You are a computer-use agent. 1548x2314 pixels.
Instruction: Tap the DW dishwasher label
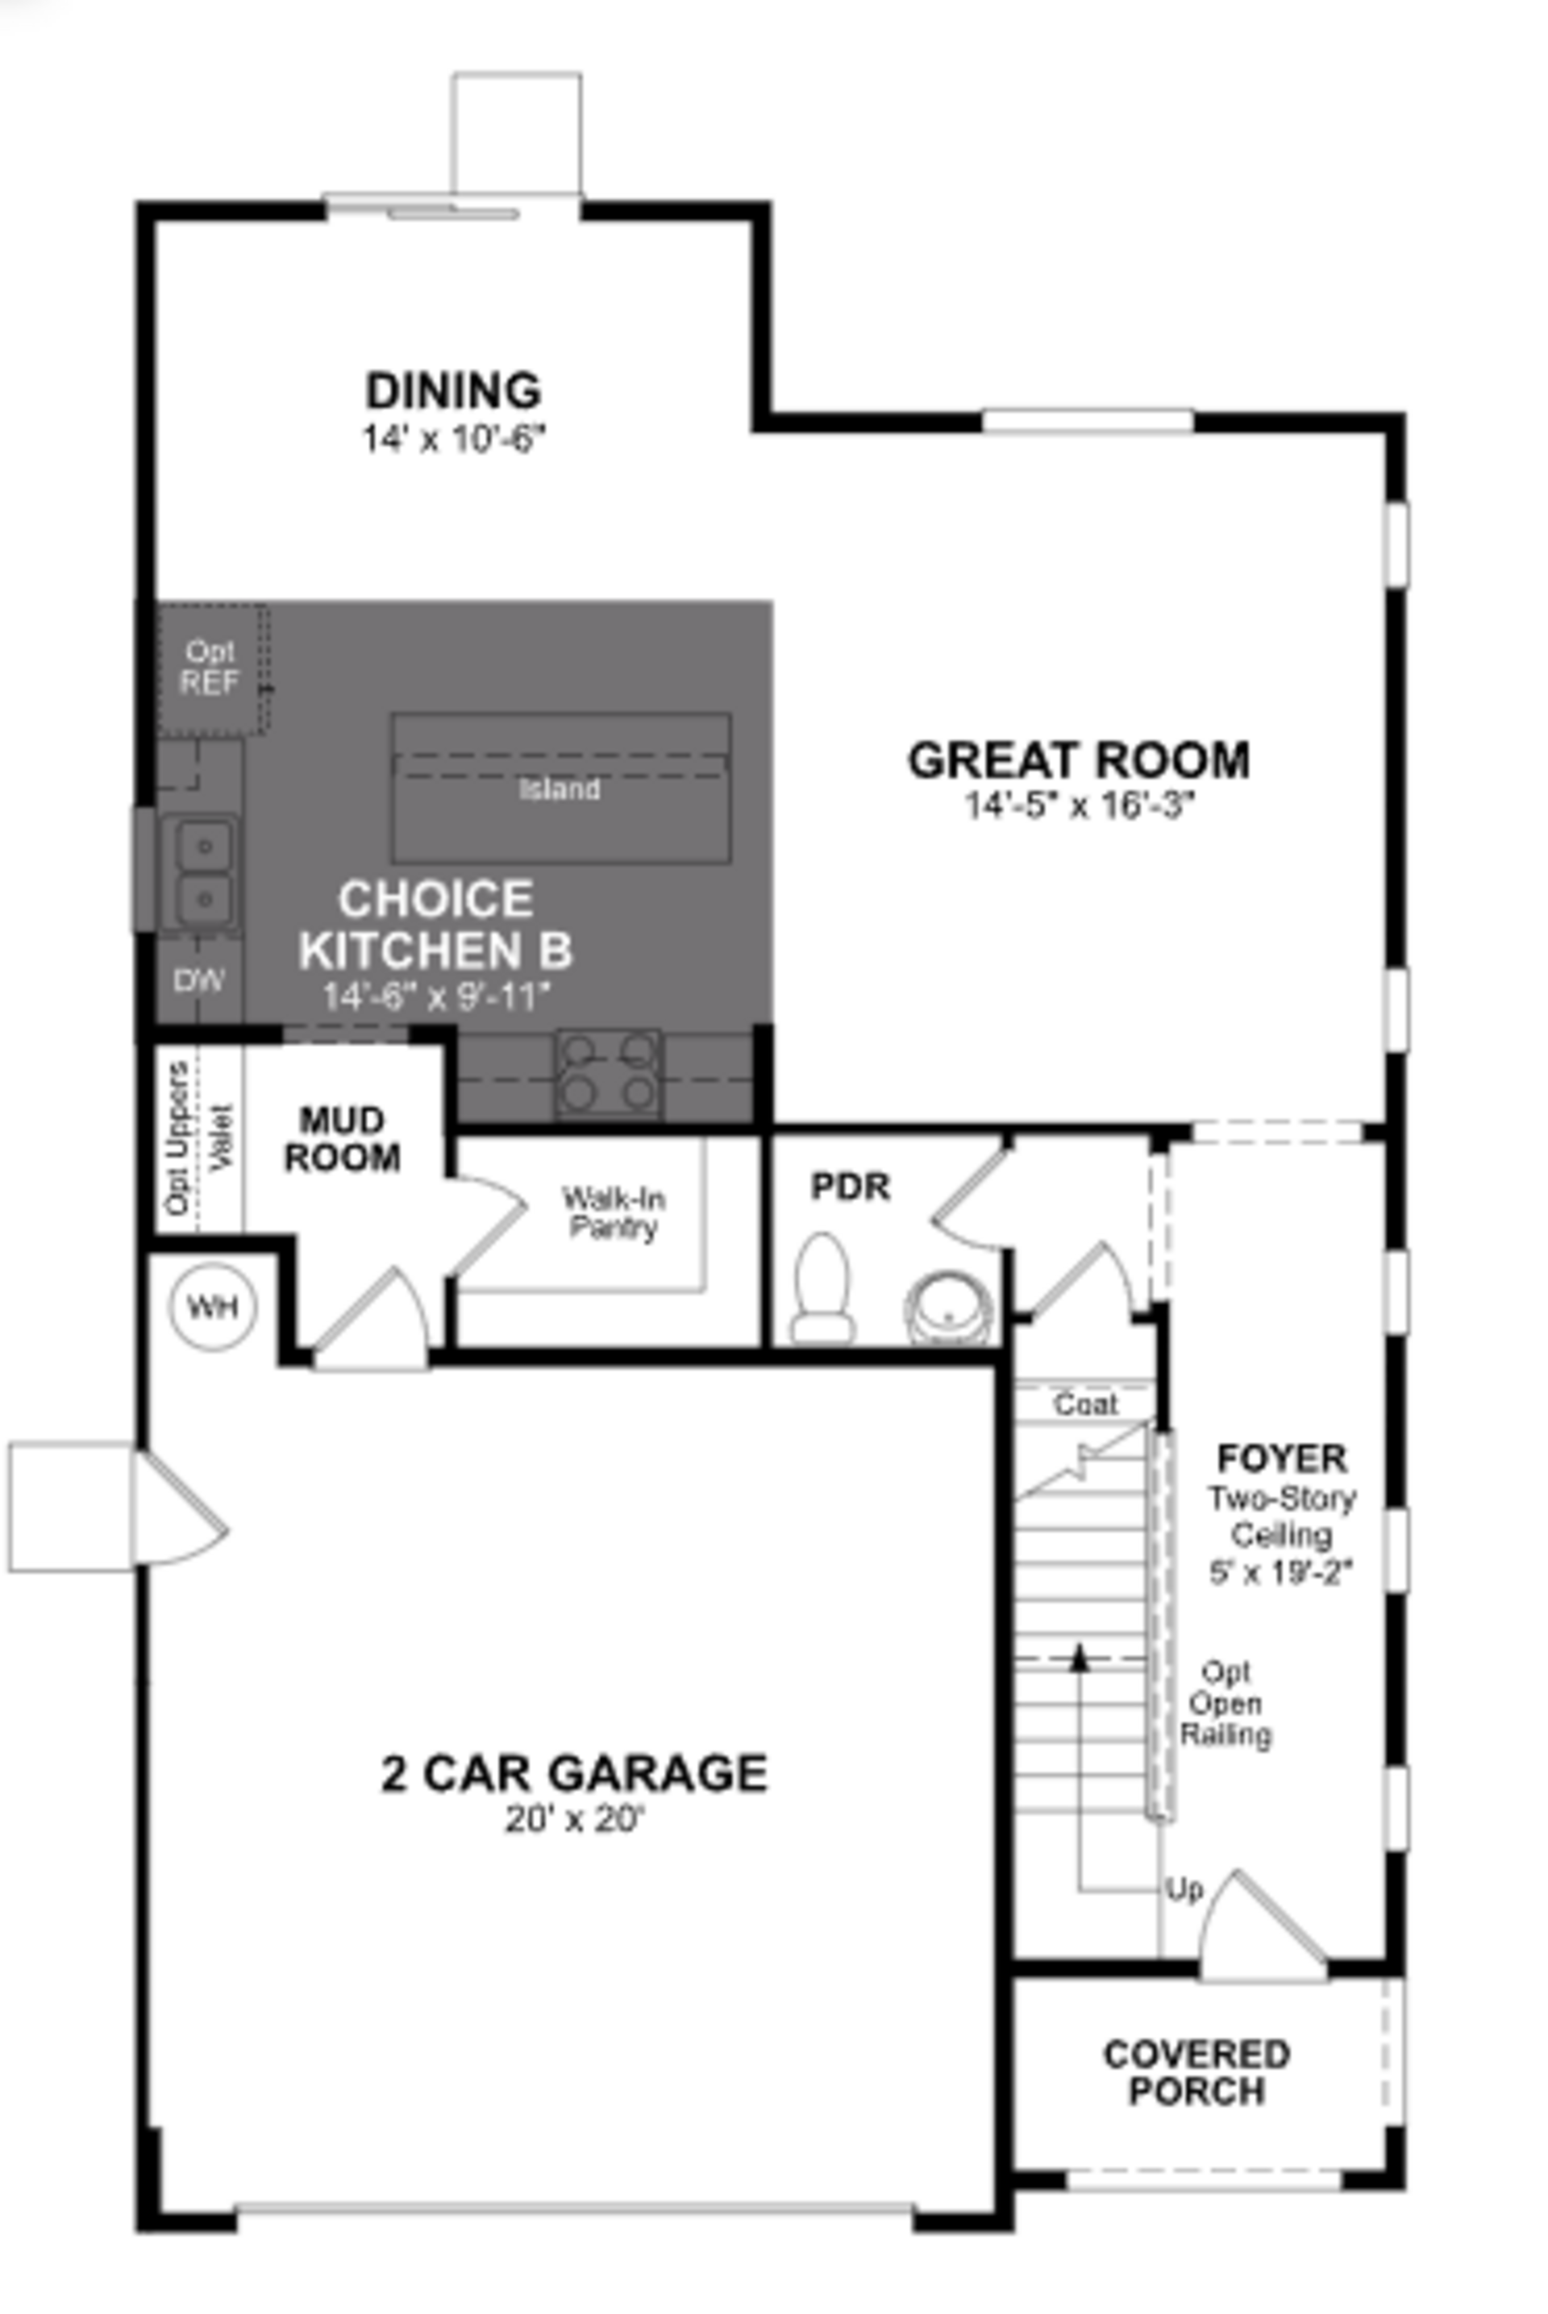[x=200, y=980]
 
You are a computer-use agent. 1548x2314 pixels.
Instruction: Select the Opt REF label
[x=209, y=667]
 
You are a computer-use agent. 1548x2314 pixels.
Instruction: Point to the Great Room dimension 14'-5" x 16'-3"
[x=1079, y=806]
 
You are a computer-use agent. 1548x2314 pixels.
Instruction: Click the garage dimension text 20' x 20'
[x=574, y=1818]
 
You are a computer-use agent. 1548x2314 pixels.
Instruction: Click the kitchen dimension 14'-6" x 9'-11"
[x=435, y=997]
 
